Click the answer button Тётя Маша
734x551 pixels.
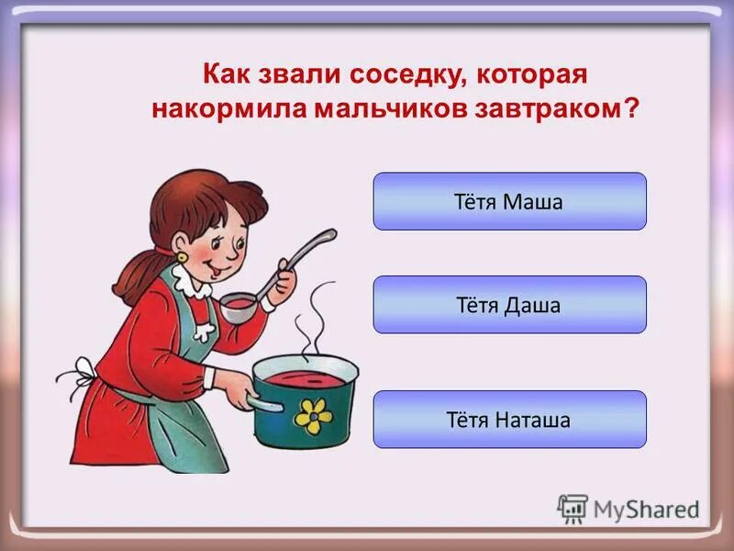(509, 201)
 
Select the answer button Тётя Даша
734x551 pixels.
(509, 304)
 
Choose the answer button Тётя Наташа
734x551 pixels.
(509, 420)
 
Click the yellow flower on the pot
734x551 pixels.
(313, 416)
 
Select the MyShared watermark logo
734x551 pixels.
(628, 507)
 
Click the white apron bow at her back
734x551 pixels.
(83, 375)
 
